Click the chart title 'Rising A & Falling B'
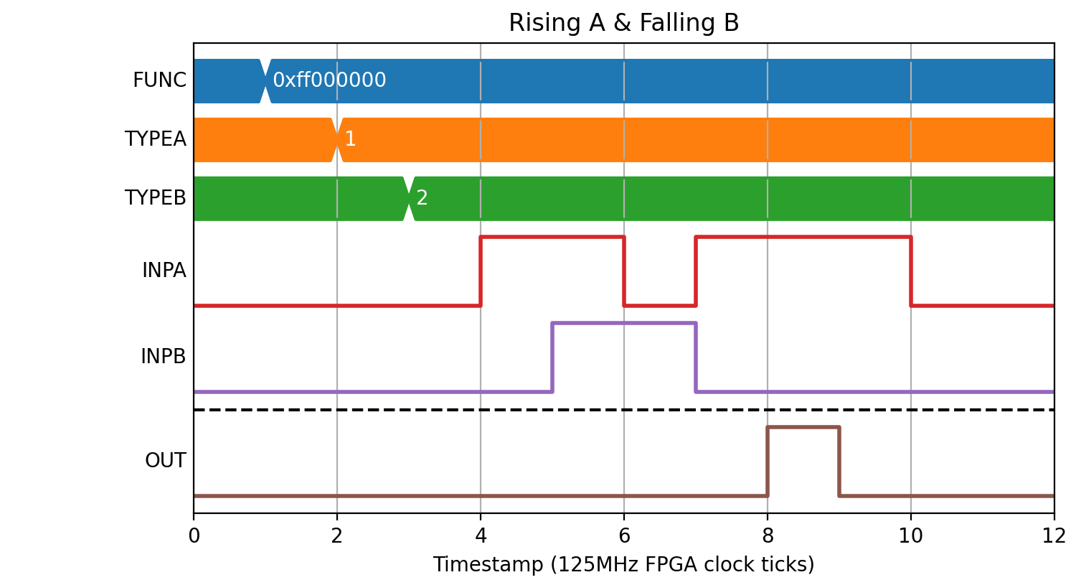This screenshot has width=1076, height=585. pyautogui.click(x=623, y=22)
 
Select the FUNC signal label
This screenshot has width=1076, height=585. pyautogui.click(x=159, y=80)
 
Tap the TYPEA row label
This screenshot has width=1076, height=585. pyautogui.click(x=155, y=139)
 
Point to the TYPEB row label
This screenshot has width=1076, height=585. pyautogui.click(x=155, y=197)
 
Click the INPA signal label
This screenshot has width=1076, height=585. pyautogui.click(x=164, y=270)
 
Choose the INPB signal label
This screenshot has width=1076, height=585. pyautogui.click(x=164, y=357)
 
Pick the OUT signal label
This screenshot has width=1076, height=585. pyautogui.click(x=165, y=461)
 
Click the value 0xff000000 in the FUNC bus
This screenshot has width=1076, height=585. pyautogui.click(x=329, y=80)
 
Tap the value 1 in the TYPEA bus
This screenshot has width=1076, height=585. pyautogui.click(x=350, y=139)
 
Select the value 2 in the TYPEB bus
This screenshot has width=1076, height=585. pyautogui.click(x=422, y=197)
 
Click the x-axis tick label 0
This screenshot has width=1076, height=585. pyautogui.click(x=194, y=535)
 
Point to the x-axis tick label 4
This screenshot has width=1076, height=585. pyautogui.click(x=481, y=535)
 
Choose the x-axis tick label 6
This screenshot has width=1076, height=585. pyautogui.click(x=624, y=535)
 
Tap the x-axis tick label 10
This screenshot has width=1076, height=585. pyautogui.click(x=911, y=535)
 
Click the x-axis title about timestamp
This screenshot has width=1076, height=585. pyautogui.click(x=623, y=564)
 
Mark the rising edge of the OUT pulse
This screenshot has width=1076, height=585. pyautogui.click(x=768, y=462)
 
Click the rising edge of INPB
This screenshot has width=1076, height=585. pyautogui.click(x=552, y=357)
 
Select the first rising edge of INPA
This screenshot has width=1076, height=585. pyautogui.click(x=481, y=271)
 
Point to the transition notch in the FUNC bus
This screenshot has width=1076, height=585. pyautogui.click(x=265, y=81)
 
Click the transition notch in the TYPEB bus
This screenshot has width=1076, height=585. pyautogui.click(x=409, y=199)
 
